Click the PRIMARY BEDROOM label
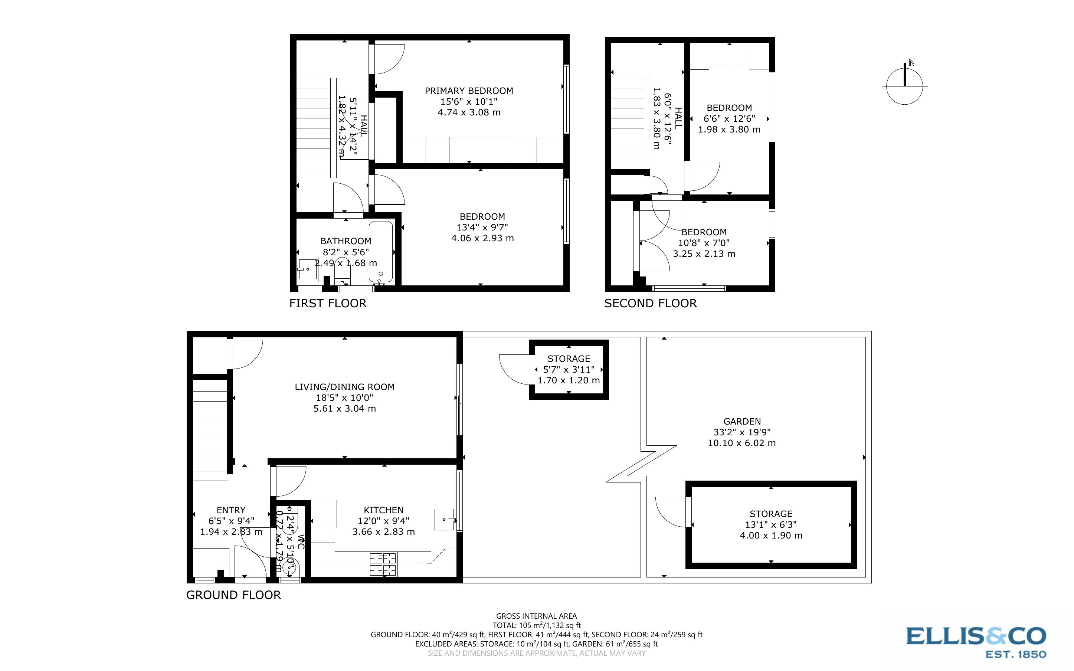click(469, 91)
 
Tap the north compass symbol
click(904, 86)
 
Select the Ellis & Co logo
click(976, 641)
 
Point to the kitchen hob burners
click(382, 564)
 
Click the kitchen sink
click(444, 519)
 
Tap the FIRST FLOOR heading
click(328, 304)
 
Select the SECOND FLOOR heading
click(650, 304)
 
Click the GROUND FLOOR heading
click(233, 595)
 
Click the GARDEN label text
click(742, 422)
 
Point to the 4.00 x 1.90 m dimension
click(771, 536)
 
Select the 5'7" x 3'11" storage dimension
click(569, 370)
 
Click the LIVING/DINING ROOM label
click(345, 387)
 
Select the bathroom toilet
click(342, 269)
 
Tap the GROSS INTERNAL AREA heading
click(536, 616)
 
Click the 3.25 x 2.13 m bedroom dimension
click(704, 254)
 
